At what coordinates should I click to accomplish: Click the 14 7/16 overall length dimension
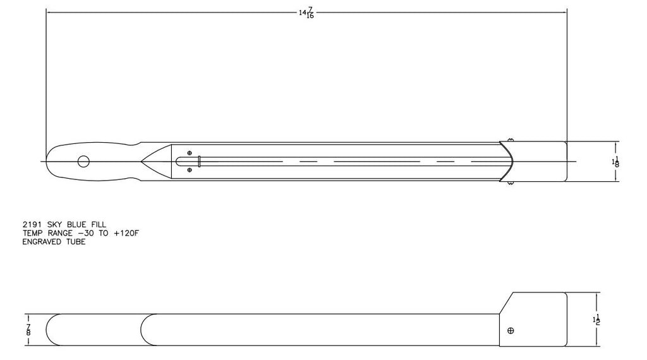pos(306,14)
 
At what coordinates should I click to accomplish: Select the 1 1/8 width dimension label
pos(615,162)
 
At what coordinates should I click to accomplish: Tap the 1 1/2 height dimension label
pos(596,319)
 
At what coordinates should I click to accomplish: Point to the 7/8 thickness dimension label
pos(28,330)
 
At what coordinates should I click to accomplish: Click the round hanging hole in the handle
pos(83,162)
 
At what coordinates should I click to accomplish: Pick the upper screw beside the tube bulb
pos(190,153)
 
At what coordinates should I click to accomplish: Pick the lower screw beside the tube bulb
pos(190,170)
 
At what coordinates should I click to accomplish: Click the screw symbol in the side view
pos(511,330)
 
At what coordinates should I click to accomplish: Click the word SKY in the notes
pos(56,225)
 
